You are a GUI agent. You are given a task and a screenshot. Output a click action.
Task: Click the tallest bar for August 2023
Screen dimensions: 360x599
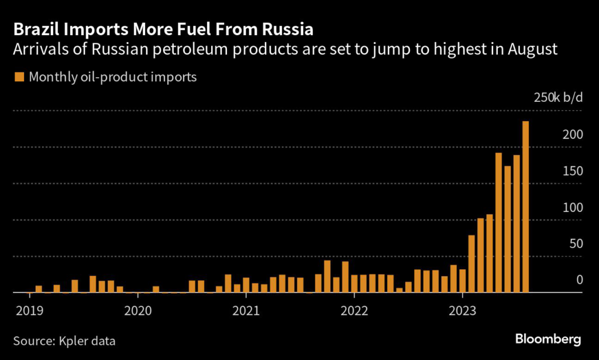click(525, 207)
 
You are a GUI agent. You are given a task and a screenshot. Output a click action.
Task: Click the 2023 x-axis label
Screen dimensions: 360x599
click(462, 310)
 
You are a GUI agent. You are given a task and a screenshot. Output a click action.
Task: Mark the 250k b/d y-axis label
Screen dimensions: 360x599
click(558, 97)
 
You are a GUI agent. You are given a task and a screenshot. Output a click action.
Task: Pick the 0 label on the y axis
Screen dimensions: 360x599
click(580, 280)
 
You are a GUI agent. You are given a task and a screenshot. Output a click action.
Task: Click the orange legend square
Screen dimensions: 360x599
click(19, 77)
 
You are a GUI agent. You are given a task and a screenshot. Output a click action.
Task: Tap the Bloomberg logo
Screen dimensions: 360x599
click(548, 339)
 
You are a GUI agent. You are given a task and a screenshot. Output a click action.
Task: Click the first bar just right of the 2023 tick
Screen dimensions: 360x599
click(471, 263)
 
